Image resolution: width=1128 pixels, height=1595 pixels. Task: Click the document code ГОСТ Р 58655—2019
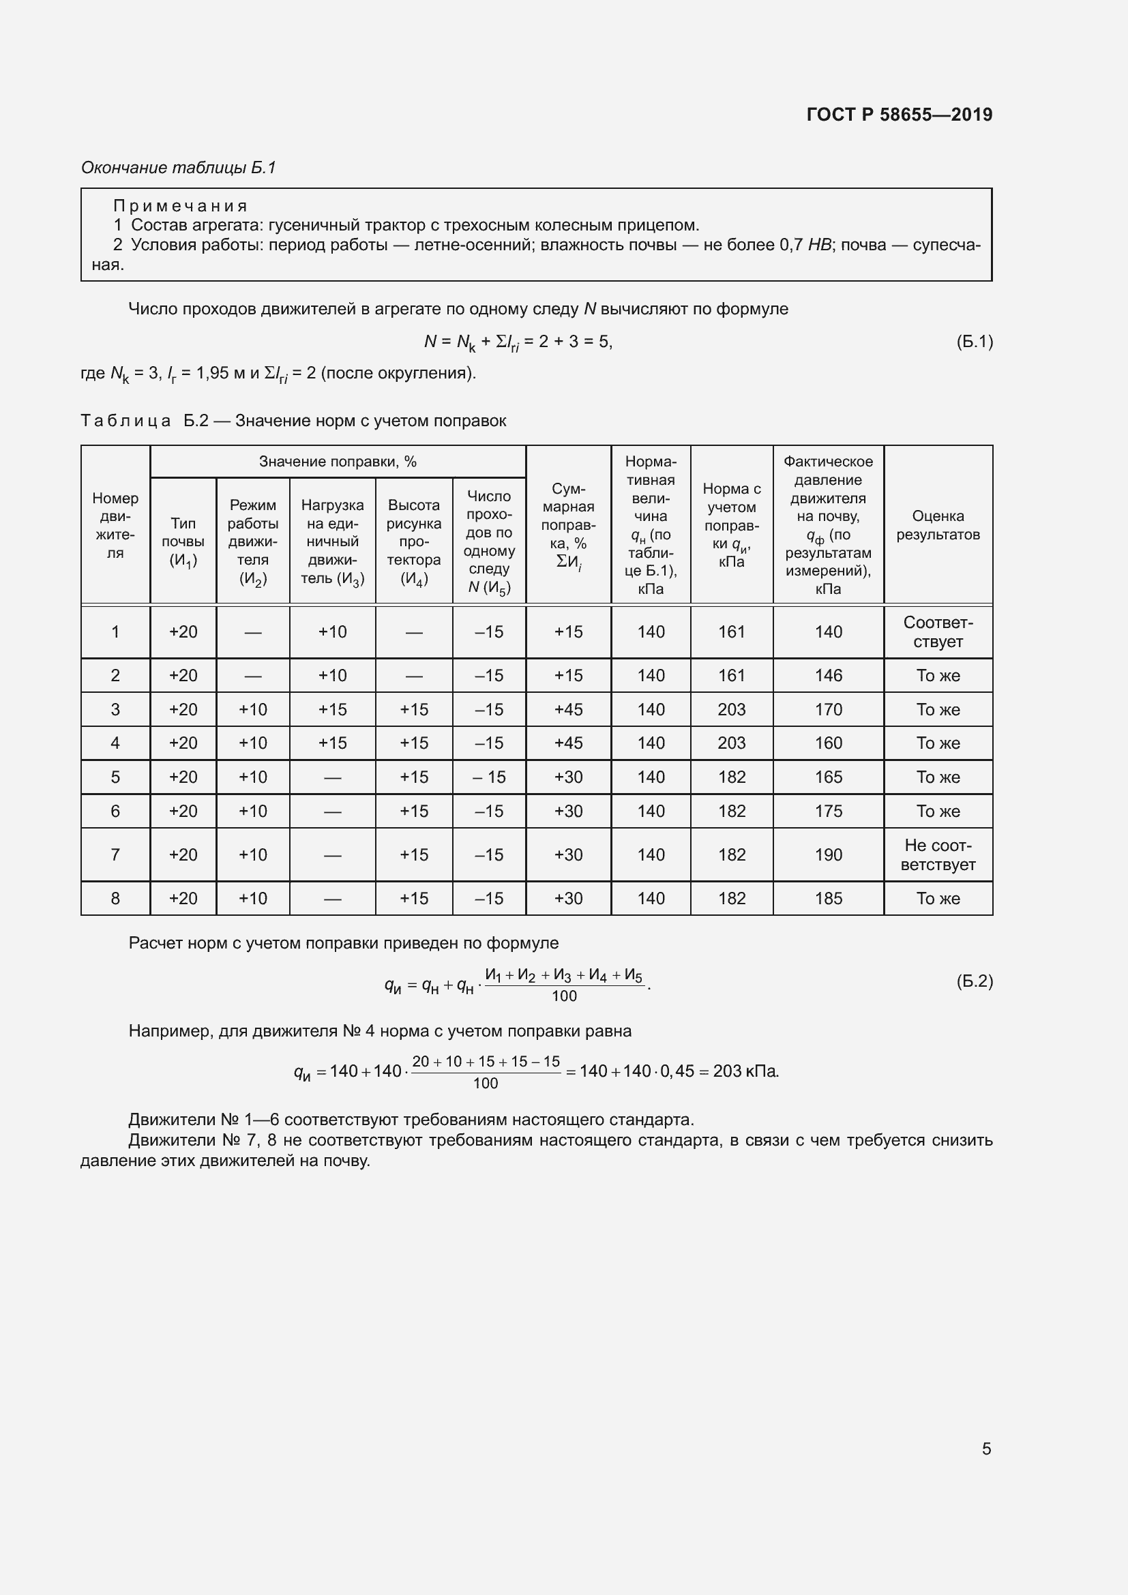click(900, 115)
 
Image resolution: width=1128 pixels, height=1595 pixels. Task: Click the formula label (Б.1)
click(975, 341)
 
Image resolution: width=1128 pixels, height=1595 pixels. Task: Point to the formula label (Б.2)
click(975, 981)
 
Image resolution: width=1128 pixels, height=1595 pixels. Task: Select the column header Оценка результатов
click(938, 525)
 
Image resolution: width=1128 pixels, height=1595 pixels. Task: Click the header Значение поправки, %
click(338, 462)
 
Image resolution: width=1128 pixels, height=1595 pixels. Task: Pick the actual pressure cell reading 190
click(828, 854)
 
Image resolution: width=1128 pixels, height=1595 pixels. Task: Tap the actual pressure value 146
click(828, 675)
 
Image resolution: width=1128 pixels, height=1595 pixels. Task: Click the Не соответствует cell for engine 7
click(938, 854)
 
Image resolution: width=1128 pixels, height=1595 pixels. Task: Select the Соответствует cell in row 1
click(938, 632)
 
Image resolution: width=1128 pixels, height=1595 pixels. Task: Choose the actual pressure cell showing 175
click(828, 811)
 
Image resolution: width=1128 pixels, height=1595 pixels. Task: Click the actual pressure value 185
click(828, 898)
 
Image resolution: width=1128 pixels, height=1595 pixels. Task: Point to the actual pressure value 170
click(828, 709)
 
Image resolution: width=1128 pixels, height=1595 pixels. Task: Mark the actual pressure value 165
click(828, 777)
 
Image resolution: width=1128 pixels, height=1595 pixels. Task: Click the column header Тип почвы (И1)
click(183, 542)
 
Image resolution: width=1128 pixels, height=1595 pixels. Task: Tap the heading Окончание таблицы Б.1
click(179, 168)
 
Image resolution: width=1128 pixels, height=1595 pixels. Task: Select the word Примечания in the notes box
click(180, 206)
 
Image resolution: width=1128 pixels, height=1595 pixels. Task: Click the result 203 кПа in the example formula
click(745, 1071)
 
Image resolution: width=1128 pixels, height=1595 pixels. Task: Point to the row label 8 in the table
click(115, 898)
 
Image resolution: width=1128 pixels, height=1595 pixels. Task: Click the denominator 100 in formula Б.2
click(564, 996)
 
